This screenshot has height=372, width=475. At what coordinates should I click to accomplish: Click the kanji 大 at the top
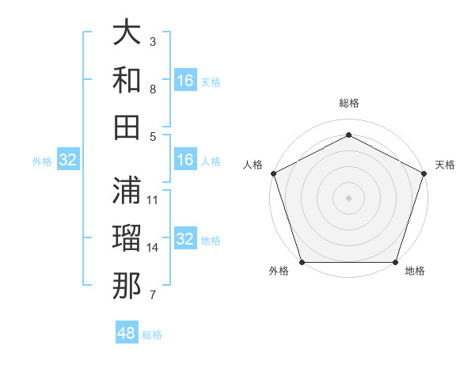[x=127, y=35]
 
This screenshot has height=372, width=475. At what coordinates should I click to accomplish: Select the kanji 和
[x=127, y=80]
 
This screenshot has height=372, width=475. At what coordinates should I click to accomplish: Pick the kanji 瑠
[x=127, y=237]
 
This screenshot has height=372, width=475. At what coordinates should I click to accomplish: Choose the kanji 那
[x=127, y=286]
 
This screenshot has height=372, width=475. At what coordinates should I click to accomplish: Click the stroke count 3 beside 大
[x=153, y=40]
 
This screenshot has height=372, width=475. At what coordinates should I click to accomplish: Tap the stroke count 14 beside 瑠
[x=153, y=248]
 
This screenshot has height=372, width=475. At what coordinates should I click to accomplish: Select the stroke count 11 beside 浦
[x=153, y=199]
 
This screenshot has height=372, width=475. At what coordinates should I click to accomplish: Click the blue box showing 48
[x=127, y=333]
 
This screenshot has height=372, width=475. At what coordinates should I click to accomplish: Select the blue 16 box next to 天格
[x=185, y=81]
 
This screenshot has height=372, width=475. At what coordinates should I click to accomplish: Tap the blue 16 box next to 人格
[x=185, y=161]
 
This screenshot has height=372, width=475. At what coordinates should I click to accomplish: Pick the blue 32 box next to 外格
[x=68, y=161]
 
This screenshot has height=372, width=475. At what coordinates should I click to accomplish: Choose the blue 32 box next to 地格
[x=185, y=240]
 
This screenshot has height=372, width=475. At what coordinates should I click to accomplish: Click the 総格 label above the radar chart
[x=348, y=103]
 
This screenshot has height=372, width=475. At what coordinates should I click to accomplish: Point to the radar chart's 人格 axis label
[x=253, y=165]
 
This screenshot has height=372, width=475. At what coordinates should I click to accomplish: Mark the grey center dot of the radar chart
[x=348, y=197]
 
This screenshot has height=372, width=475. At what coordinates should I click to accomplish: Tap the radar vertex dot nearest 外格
[x=302, y=262]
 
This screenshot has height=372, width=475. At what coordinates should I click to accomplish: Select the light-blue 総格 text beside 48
[x=152, y=335]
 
